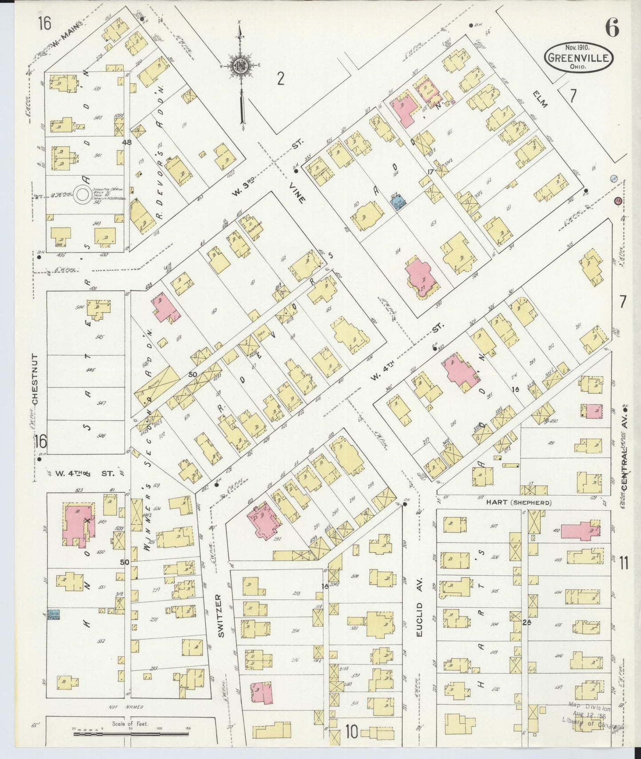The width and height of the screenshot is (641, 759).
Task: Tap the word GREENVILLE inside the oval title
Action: [x=578, y=57]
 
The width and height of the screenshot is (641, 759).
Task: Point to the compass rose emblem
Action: [x=240, y=66]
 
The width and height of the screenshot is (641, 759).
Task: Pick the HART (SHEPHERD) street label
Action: [x=519, y=502]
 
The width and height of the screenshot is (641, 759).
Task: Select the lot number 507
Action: [x=494, y=527]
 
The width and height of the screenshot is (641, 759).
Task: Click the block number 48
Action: [x=127, y=142]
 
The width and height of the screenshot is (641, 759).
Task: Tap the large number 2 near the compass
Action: [x=280, y=79]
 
